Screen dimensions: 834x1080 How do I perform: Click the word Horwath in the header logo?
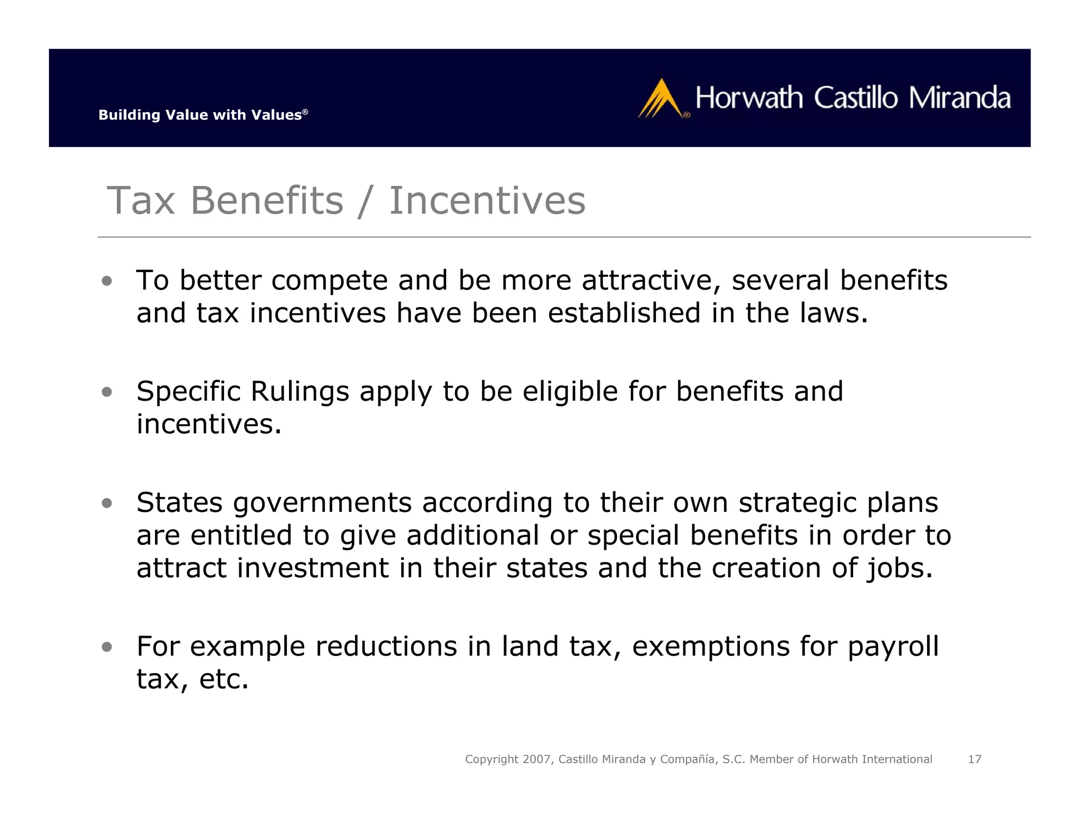tap(749, 98)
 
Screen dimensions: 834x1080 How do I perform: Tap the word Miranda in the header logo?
tap(960, 98)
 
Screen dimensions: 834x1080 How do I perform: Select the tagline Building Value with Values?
tap(203, 115)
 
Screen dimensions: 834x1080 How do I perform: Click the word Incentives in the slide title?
tap(487, 201)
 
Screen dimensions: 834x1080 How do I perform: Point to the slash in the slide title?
tap(365, 202)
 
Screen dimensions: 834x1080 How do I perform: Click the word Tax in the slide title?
tap(141, 201)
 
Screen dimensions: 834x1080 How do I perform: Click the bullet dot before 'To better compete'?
tap(107, 281)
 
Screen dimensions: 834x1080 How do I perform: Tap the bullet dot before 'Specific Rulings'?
tap(107, 392)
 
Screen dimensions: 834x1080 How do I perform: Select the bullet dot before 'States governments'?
tap(107, 503)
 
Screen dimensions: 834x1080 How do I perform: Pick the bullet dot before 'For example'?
tap(107, 647)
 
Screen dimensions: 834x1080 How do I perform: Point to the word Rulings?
tap(300, 392)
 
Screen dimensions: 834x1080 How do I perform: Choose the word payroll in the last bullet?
tap(893, 647)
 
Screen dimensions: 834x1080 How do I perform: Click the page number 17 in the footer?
tap(975, 759)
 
